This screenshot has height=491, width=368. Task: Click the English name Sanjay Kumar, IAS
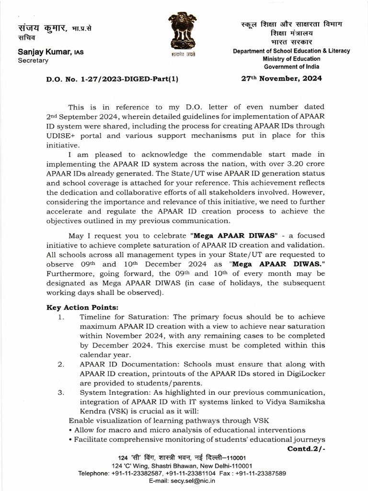click(50, 52)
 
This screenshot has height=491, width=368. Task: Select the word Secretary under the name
click(33, 61)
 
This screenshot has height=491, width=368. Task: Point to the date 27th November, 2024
click(281, 78)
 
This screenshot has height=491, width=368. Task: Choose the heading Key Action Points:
click(76, 307)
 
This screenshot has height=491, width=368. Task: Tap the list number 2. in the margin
click(61, 364)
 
